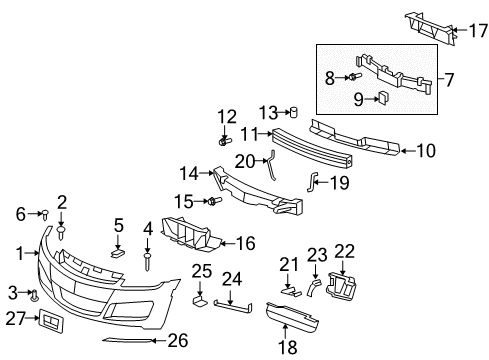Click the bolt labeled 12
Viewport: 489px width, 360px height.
click(225, 142)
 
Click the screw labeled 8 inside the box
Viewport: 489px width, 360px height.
click(357, 75)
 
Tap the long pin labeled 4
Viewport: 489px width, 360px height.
click(149, 263)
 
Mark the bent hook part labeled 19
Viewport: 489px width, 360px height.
click(310, 181)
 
